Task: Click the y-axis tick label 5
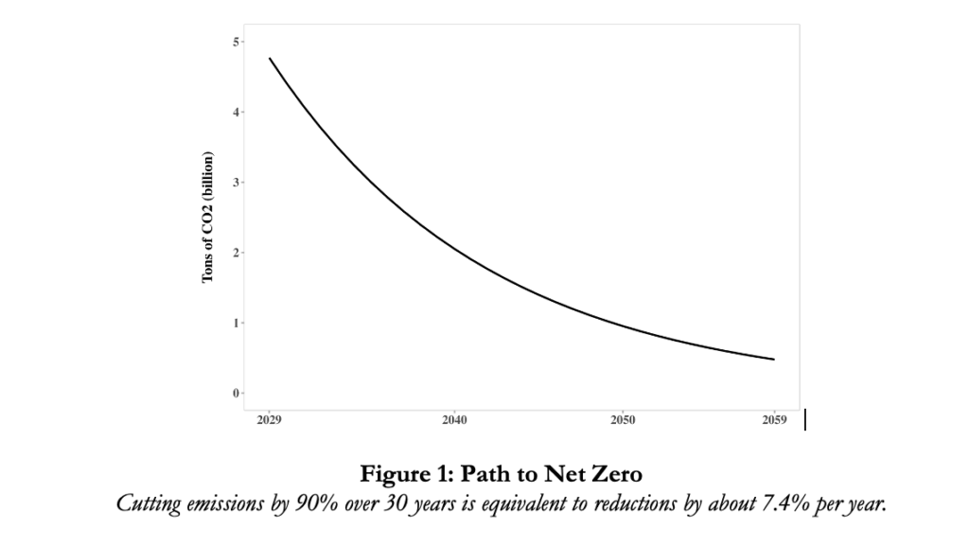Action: click(236, 42)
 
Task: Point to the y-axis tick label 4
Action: click(236, 113)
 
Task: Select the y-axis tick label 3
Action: click(236, 183)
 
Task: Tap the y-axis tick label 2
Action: click(236, 253)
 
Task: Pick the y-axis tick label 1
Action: click(236, 323)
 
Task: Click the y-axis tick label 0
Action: click(236, 393)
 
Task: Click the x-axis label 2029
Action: click(270, 420)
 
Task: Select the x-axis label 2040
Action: click(454, 420)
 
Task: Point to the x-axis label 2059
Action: click(774, 420)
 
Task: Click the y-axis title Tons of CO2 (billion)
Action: click(206, 218)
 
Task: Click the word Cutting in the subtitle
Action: click(147, 502)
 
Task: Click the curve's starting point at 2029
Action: click(270, 59)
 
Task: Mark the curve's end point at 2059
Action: click(774, 360)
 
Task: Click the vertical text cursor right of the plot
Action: click(805, 419)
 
